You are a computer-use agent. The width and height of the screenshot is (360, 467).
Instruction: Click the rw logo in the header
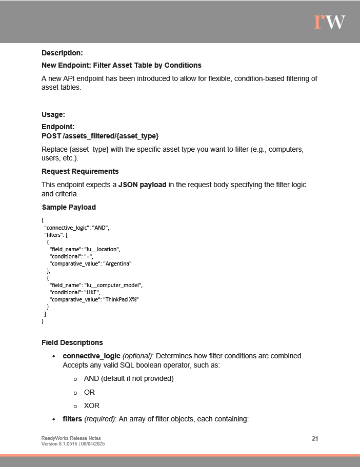(x=329, y=21)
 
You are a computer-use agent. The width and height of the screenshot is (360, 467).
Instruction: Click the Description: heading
(x=62, y=53)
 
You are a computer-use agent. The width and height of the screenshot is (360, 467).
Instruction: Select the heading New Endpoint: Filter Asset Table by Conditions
(x=121, y=65)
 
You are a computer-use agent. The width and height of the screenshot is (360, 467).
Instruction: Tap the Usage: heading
(x=53, y=114)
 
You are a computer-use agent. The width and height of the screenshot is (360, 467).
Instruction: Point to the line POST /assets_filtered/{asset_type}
(x=100, y=136)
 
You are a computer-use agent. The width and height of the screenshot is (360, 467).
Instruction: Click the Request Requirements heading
(x=80, y=171)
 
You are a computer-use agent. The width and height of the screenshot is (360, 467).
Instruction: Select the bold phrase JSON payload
(x=142, y=185)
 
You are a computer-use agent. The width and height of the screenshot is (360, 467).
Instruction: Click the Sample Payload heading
(x=69, y=207)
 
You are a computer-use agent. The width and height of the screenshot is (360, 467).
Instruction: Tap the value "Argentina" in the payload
(x=117, y=263)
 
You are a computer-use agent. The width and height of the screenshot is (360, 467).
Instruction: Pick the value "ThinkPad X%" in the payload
(x=121, y=299)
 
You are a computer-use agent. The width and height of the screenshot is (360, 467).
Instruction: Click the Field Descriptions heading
(x=72, y=342)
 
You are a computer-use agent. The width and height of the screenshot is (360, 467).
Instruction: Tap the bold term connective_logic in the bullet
(x=91, y=355)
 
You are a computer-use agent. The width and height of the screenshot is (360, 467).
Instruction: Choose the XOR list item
(x=91, y=405)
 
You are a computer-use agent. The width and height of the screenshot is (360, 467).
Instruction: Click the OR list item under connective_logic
(x=89, y=392)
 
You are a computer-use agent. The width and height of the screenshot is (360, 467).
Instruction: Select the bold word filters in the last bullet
(x=72, y=419)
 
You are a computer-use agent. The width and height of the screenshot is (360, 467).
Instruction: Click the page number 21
(x=315, y=438)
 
